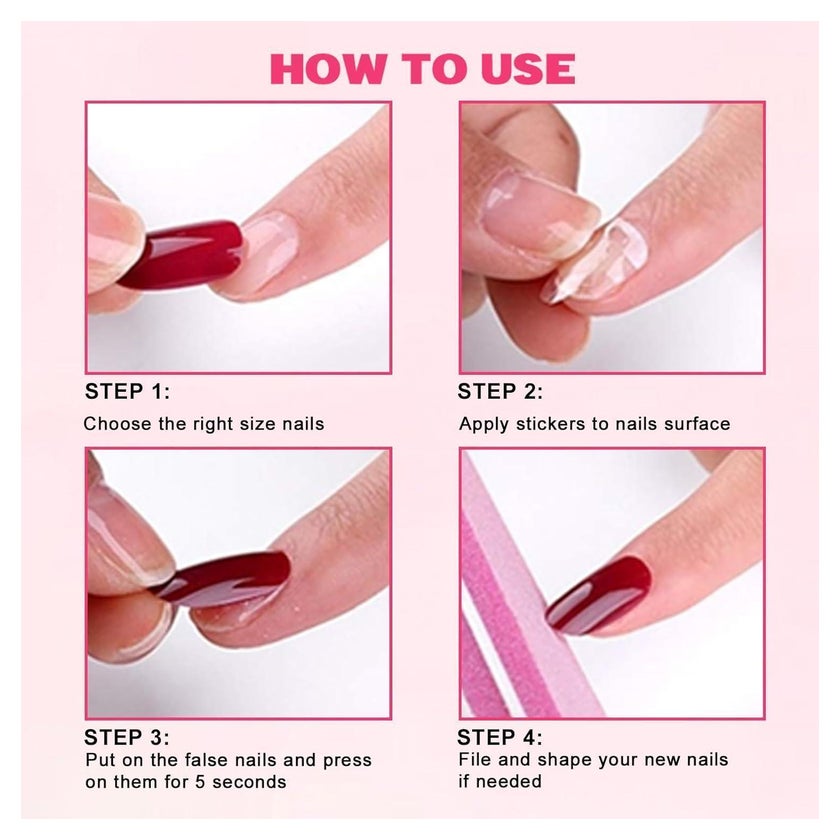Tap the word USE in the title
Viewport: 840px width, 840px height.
click(x=528, y=69)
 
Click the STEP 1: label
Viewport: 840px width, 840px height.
click(x=128, y=392)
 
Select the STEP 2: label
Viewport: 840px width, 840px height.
click(x=500, y=392)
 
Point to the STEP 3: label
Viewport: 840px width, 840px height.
click(x=127, y=738)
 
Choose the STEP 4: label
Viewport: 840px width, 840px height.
click(x=499, y=738)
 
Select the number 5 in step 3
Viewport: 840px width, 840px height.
click(x=200, y=782)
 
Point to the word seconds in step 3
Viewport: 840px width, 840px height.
click(x=249, y=782)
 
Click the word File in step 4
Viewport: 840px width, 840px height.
click(x=475, y=760)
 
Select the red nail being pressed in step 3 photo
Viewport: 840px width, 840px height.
click(x=225, y=580)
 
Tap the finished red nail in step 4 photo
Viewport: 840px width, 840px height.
click(x=599, y=594)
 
